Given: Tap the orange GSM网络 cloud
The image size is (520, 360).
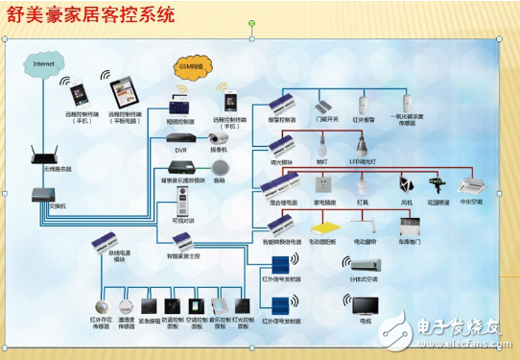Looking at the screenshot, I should click(x=192, y=68).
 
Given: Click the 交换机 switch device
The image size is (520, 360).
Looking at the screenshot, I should click(x=38, y=194).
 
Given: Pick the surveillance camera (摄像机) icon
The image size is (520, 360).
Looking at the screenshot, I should click(x=219, y=138).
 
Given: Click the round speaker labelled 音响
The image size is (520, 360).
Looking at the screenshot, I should click(x=220, y=167).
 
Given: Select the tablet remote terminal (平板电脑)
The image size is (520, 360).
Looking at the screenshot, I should click(x=121, y=93).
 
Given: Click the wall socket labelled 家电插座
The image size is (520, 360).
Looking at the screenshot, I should click(x=323, y=185).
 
